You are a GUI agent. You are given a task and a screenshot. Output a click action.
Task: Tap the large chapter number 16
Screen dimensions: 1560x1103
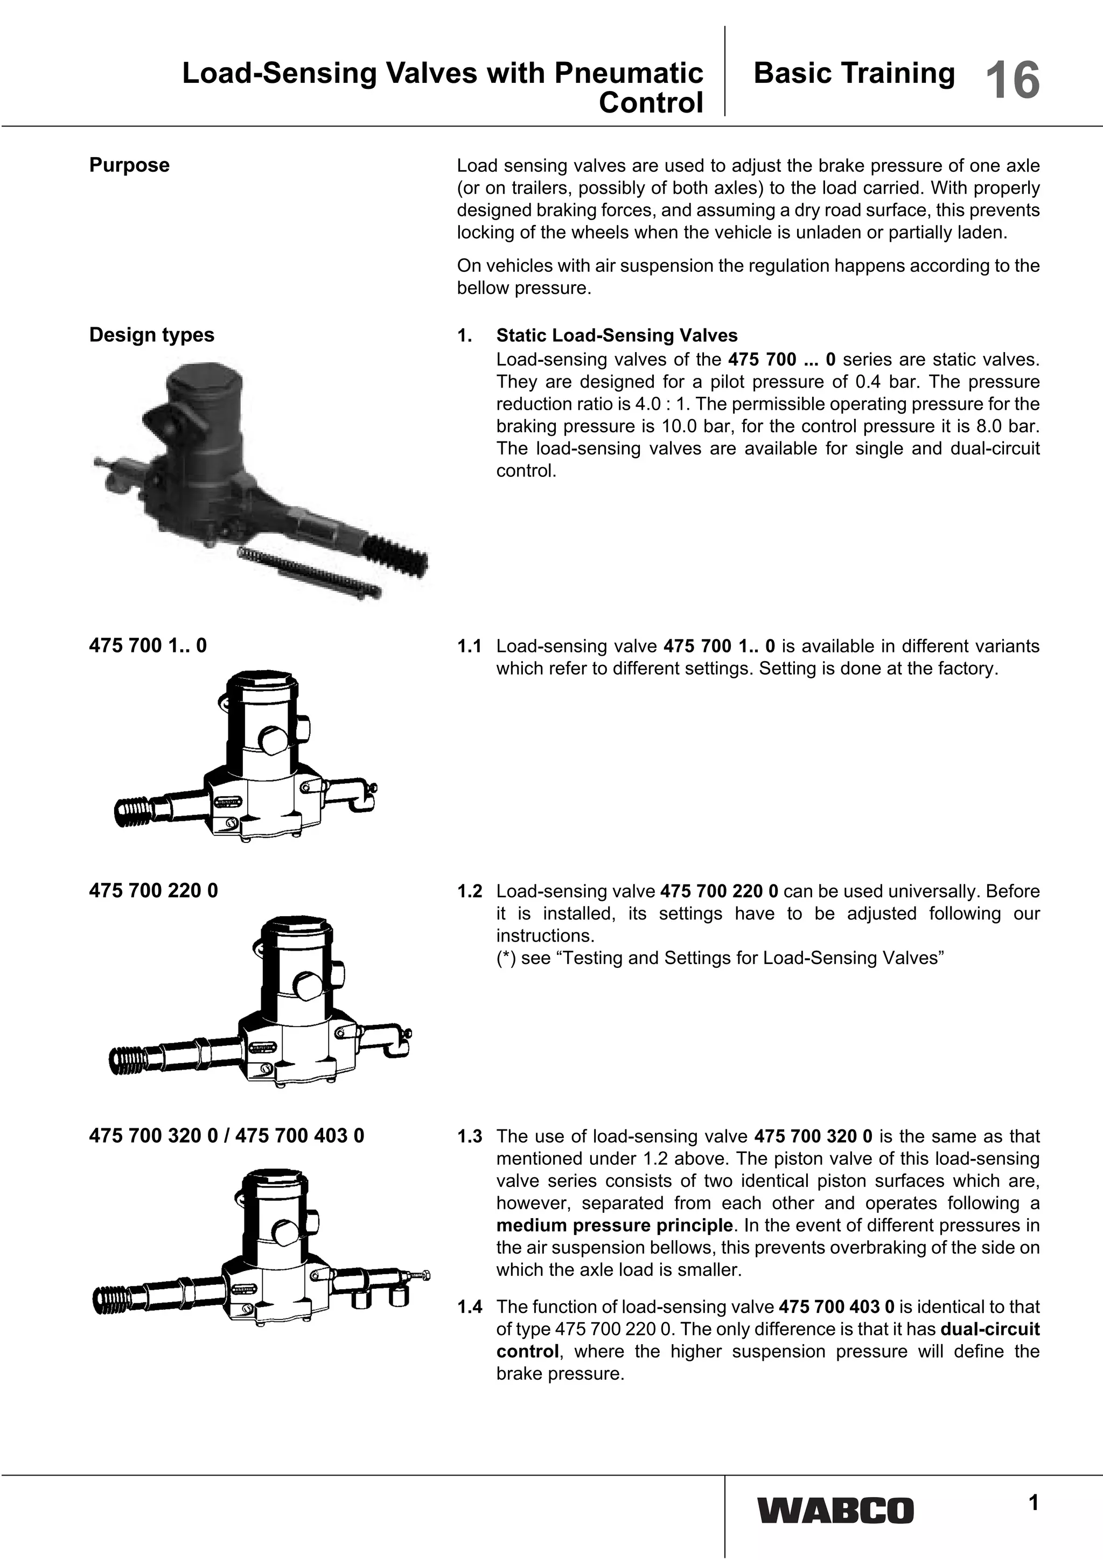(1012, 81)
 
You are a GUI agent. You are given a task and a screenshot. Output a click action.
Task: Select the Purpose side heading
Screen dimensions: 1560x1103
(129, 165)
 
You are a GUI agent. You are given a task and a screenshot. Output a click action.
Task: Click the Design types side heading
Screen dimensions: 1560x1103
(151, 335)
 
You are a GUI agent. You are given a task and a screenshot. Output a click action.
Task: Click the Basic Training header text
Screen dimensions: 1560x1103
(854, 73)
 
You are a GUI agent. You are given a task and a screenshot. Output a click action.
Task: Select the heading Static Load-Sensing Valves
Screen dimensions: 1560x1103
(617, 336)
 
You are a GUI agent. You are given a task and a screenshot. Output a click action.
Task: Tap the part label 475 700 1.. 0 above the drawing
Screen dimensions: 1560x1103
(148, 645)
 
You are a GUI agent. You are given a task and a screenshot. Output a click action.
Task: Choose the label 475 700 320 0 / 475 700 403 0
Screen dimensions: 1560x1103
(226, 1135)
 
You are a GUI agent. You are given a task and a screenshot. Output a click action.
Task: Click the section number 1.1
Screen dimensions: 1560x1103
(470, 646)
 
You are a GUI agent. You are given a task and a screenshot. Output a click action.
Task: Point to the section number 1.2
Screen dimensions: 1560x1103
(470, 891)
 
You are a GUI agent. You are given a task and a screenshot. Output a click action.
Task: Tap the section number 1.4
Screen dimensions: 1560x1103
(470, 1306)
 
